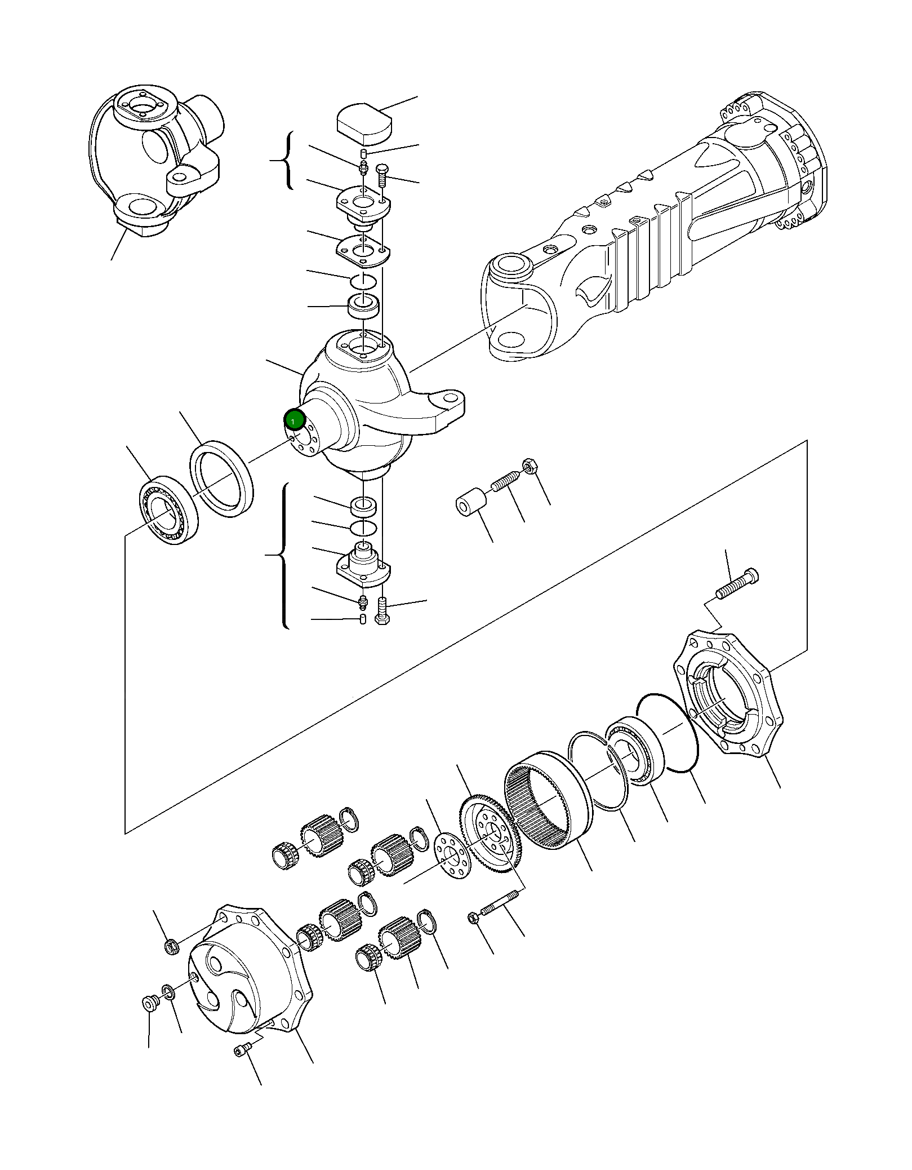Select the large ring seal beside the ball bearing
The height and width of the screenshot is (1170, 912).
(222, 478)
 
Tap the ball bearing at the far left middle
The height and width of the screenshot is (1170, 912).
(168, 510)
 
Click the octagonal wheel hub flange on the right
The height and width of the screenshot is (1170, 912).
(728, 694)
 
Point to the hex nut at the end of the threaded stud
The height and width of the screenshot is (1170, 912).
(530, 466)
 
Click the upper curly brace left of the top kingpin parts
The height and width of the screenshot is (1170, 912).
(287, 161)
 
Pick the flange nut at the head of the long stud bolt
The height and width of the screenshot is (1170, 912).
(473, 918)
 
